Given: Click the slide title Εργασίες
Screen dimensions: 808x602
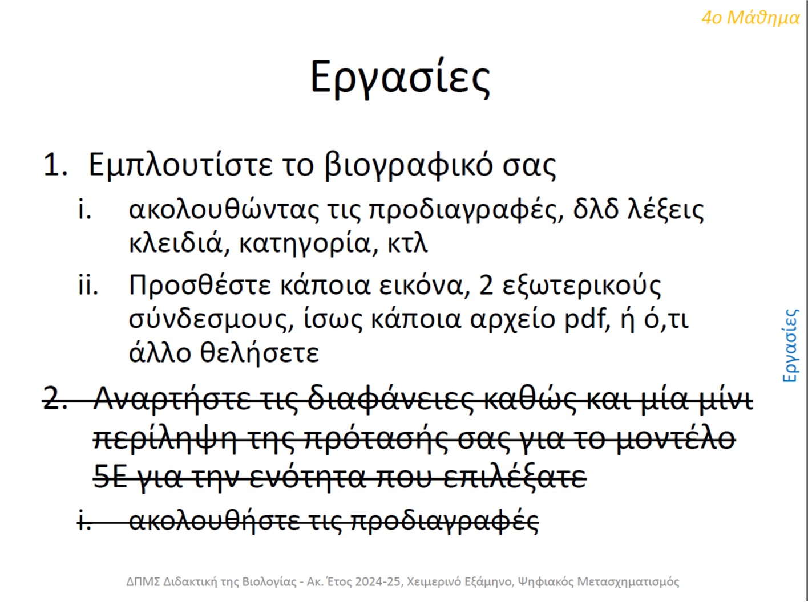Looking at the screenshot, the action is (400, 79).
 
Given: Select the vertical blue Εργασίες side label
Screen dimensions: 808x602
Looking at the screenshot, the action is (790, 345).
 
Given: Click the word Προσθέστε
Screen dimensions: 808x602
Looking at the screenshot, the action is (200, 286).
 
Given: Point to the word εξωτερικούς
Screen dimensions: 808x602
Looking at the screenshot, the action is (581, 287).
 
